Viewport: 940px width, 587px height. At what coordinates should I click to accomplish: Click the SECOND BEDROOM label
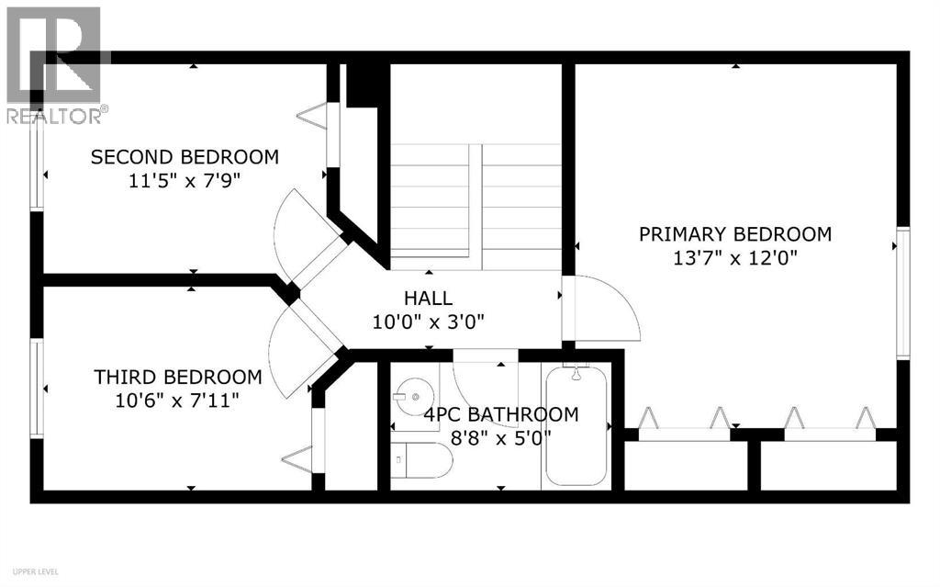click(x=184, y=157)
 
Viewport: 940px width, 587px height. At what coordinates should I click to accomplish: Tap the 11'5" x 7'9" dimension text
click(x=184, y=181)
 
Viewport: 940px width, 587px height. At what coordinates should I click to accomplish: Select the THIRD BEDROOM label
click(x=177, y=378)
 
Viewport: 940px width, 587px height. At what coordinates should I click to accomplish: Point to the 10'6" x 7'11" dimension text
click(x=177, y=401)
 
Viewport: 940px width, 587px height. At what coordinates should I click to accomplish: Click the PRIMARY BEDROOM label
click(x=734, y=234)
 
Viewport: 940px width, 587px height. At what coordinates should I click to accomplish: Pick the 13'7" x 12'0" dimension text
click(x=734, y=258)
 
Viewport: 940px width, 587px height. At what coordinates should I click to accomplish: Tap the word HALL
click(x=428, y=298)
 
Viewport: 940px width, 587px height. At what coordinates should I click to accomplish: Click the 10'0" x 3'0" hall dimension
click(x=428, y=322)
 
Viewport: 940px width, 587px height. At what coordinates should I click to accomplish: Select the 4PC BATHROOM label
click(x=500, y=414)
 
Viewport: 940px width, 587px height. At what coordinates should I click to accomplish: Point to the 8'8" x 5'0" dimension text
click(x=500, y=437)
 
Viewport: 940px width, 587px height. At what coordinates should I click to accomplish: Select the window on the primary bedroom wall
click(x=902, y=292)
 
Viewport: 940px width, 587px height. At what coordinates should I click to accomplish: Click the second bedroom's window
click(x=37, y=162)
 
